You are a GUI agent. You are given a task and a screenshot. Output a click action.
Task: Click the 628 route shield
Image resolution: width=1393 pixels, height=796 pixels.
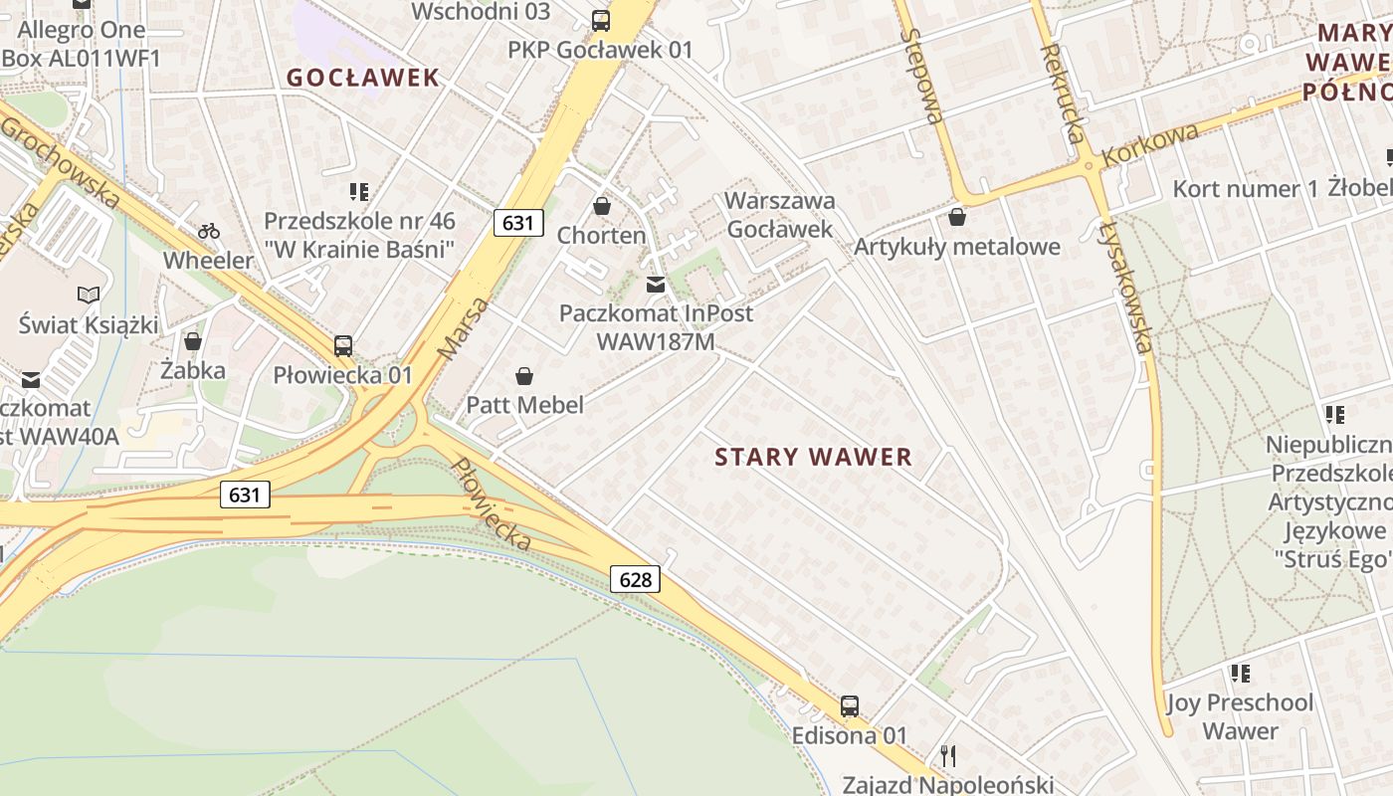tap(635, 579)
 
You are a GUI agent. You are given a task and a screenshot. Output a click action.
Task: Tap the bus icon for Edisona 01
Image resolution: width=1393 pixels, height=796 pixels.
tap(850, 706)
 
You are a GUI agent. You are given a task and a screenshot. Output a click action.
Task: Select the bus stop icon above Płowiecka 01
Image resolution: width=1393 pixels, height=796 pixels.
tap(343, 346)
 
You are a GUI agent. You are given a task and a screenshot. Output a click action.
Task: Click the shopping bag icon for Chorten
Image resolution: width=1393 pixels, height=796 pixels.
tap(602, 206)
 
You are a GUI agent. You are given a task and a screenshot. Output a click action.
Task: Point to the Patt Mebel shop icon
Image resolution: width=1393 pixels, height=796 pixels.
tap(524, 376)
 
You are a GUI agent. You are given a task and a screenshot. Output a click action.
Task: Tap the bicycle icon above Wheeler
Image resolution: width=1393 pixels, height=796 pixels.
tap(209, 231)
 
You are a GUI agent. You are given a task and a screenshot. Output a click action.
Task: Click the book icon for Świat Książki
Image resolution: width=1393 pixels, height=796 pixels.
tap(89, 295)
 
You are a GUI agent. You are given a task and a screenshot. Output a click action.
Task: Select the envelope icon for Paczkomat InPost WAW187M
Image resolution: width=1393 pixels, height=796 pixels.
tap(656, 285)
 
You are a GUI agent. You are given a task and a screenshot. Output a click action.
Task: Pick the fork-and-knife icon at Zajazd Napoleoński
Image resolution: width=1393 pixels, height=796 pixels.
tap(948, 756)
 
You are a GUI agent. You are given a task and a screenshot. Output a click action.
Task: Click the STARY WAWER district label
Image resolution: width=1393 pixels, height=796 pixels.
tap(814, 457)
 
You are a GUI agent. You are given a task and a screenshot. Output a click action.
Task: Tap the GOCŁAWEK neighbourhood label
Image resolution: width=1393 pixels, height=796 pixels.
tap(363, 78)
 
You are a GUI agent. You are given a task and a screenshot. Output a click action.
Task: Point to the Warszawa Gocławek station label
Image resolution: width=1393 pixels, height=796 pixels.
tap(780, 214)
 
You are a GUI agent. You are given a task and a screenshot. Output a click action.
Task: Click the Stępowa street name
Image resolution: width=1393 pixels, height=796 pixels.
tap(921, 75)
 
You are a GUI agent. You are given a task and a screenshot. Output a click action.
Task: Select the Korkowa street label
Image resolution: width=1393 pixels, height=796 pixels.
tap(1150, 144)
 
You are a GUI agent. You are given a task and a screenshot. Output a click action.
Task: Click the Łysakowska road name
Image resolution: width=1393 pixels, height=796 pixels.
tap(1125, 284)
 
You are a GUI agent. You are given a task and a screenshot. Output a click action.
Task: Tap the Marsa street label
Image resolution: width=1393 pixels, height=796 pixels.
tap(464, 328)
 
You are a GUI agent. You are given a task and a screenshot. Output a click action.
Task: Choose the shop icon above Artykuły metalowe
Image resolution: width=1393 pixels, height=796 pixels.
tap(957, 216)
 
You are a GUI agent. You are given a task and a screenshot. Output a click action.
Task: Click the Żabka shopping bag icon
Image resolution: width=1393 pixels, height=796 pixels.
tap(193, 341)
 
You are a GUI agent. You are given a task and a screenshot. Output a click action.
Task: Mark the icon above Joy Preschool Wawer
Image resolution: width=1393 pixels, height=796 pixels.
tap(1240, 674)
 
